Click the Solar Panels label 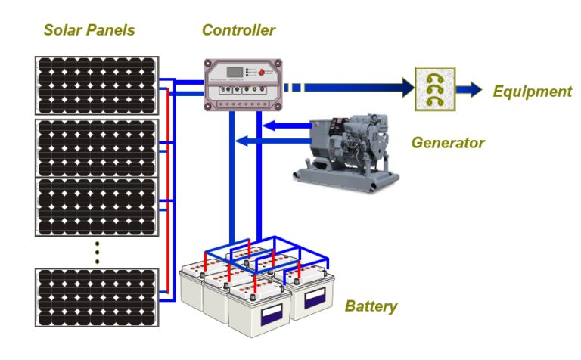tap(89, 31)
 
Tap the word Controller tap(238, 31)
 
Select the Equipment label tap(532, 92)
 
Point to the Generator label tap(447, 143)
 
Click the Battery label tap(371, 306)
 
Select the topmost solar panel tap(97, 85)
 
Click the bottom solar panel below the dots tap(97, 296)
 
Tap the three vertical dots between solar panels tap(97, 253)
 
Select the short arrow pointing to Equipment tap(469, 89)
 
